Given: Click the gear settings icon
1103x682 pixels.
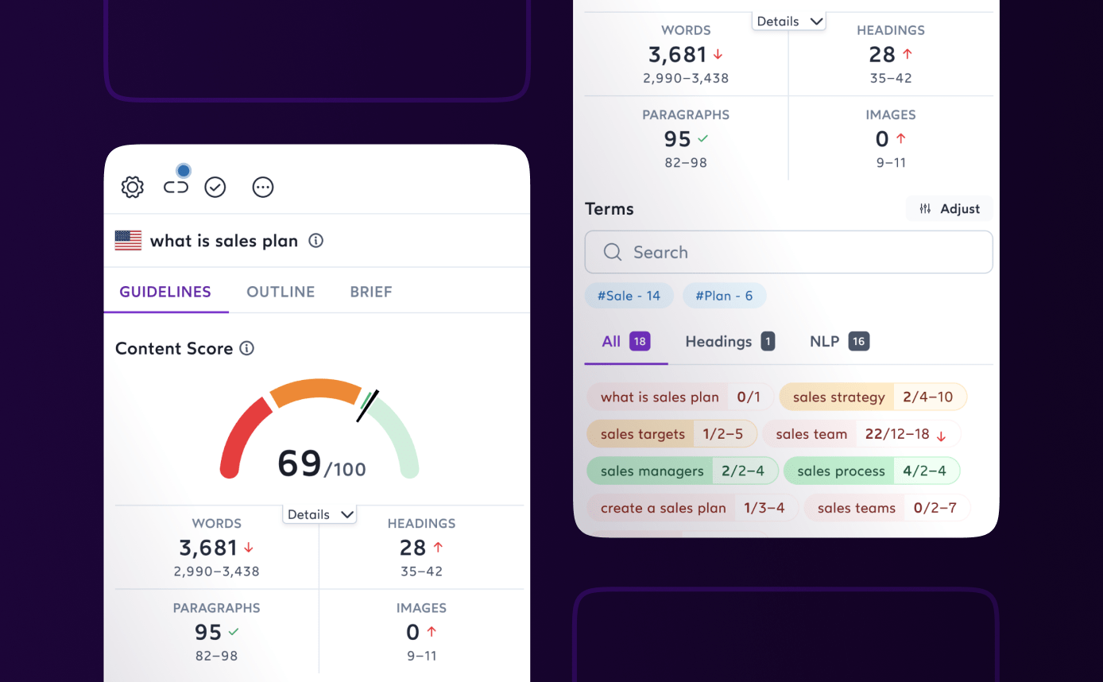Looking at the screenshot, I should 133,188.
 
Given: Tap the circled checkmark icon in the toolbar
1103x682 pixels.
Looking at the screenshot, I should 215,188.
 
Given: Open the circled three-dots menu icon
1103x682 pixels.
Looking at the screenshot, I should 263,188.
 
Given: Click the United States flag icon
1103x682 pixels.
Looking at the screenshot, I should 128,241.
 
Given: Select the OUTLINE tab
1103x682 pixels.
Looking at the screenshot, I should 281,292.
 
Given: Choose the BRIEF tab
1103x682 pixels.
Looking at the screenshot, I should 371,292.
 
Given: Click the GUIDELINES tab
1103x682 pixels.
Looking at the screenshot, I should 165,292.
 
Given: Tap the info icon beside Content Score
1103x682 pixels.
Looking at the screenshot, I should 247,348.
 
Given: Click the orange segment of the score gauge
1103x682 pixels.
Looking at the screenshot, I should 315,390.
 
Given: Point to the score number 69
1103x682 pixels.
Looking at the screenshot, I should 300,463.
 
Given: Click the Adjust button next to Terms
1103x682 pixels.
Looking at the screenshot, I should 950,209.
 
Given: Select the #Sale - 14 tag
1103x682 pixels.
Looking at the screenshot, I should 629,296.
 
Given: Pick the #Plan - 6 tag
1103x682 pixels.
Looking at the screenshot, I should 724,296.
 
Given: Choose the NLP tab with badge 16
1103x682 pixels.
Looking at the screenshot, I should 838,342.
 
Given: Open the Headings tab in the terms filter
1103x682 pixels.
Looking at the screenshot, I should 729,342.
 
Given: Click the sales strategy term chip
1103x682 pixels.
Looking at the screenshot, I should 873,397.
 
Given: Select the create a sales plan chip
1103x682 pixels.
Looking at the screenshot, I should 691,508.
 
